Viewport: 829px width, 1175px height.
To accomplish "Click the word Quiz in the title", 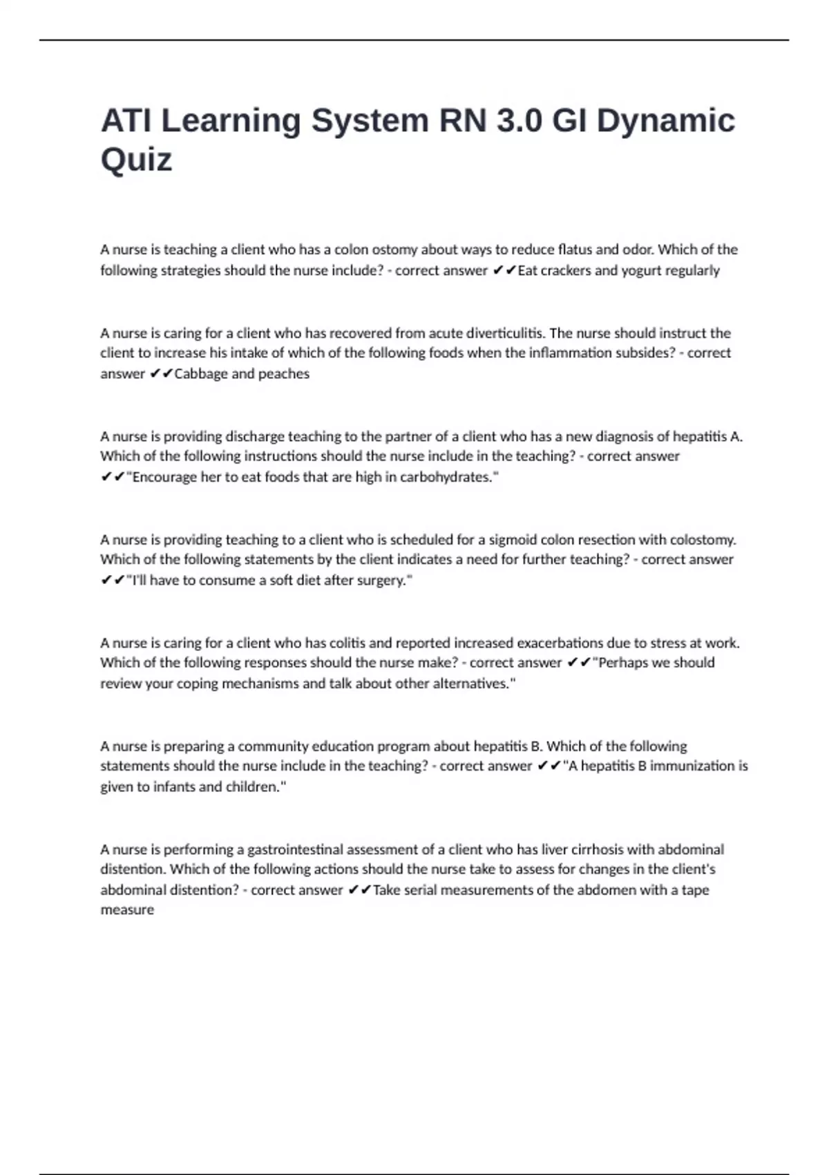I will (x=136, y=160).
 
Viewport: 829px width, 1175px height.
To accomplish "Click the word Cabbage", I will (x=201, y=374).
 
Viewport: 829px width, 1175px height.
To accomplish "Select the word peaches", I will (x=284, y=374).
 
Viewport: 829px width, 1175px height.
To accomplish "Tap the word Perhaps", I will (x=622, y=663).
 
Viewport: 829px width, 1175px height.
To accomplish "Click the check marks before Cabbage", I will (x=160, y=374).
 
